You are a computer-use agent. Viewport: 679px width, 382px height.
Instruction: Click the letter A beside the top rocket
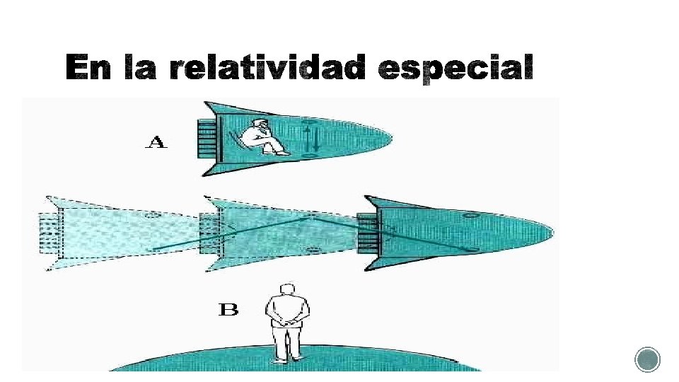point(156,143)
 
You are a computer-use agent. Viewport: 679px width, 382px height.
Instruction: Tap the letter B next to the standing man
point(228,310)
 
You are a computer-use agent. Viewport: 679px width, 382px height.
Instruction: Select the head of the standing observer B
point(287,290)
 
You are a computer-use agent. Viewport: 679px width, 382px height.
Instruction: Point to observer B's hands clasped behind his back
point(287,320)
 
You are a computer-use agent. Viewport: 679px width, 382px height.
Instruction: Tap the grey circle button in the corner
point(647,359)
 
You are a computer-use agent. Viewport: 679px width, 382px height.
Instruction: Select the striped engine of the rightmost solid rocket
point(367,233)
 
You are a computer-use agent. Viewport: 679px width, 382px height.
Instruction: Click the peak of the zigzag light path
point(308,217)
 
